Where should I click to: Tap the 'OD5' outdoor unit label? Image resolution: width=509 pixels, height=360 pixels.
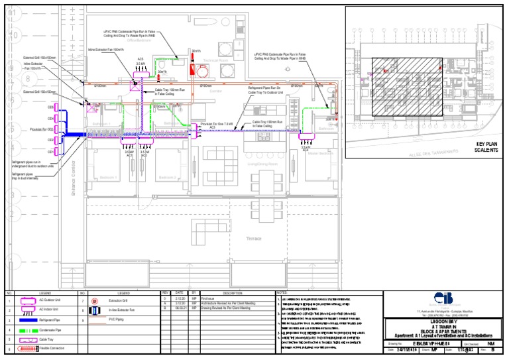pyautogui.click(x=50, y=107)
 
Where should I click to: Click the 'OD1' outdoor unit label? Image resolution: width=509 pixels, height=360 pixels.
pyautogui.click(x=50, y=152)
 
